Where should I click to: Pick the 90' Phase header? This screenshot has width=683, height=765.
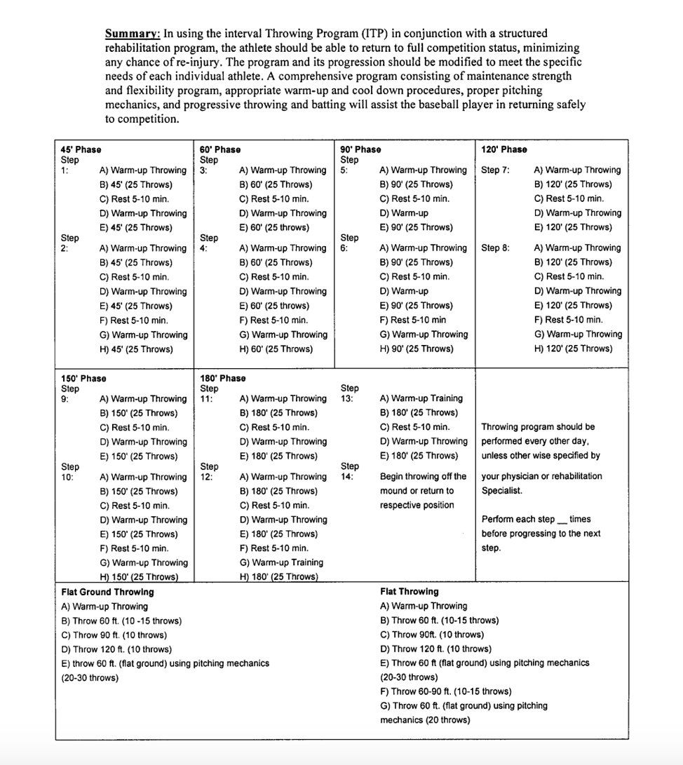pyautogui.click(x=360, y=149)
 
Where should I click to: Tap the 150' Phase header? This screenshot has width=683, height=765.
pyautogui.click(x=84, y=378)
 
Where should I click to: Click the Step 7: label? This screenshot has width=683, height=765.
pyautogui.click(x=496, y=170)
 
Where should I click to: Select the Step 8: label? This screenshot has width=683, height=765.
pyautogui.click(x=496, y=248)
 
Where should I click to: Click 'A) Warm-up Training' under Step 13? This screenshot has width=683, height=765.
pyautogui.click(x=421, y=398)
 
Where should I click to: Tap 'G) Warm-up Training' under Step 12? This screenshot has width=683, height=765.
pyautogui.click(x=281, y=562)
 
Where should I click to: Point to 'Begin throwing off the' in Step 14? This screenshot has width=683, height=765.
pyautogui.click(x=423, y=477)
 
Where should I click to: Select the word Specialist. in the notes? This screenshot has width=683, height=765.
pyautogui.click(x=501, y=491)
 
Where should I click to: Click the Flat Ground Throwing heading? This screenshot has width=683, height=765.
pyautogui.click(x=108, y=592)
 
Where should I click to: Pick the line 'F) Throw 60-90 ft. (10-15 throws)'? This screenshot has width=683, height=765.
pyautogui.click(x=445, y=691)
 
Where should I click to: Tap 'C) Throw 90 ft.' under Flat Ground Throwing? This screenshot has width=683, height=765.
pyautogui.click(x=114, y=635)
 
